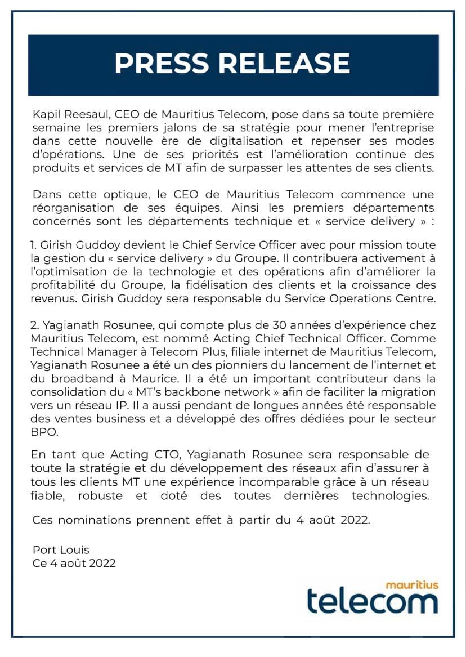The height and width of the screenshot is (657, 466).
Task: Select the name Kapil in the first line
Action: (x=44, y=115)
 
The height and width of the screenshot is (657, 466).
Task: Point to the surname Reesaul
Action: (x=83, y=115)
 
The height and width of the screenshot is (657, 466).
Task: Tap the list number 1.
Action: (x=33, y=247)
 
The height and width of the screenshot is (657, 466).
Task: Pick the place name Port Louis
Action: (x=61, y=550)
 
